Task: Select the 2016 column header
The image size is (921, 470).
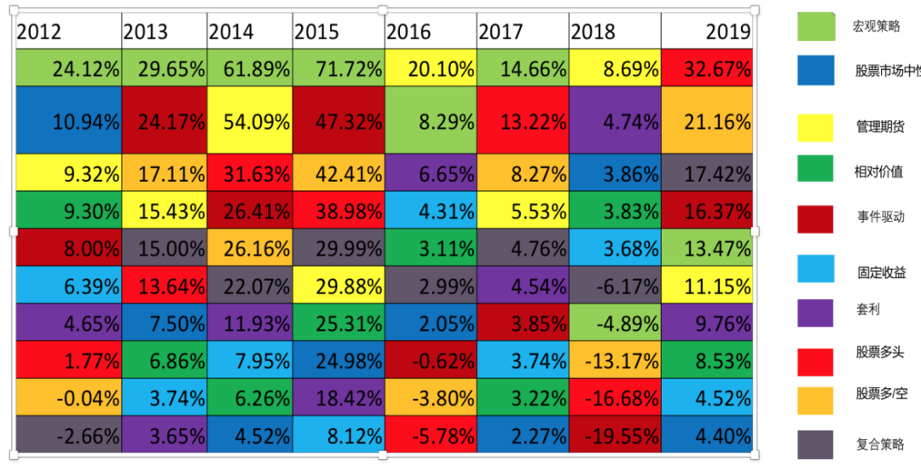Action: click(408, 32)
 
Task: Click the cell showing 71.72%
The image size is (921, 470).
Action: click(338, 69)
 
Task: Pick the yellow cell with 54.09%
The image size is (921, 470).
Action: click(249, 121)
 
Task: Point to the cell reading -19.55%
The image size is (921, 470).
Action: click(614, 436)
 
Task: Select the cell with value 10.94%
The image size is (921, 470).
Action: click(68, 121)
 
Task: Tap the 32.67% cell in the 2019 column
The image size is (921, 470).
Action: click(707, 69)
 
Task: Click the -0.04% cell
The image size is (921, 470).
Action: click(68, 397)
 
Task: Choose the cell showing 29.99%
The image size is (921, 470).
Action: click(338, 248)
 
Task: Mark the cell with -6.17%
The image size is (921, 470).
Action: click(614, 285)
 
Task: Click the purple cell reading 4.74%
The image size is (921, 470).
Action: click(614, 121)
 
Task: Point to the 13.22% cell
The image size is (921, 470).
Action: click(522, 121)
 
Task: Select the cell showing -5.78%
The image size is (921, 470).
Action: click(430, 436)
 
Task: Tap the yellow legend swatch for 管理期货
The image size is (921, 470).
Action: click(815, 128)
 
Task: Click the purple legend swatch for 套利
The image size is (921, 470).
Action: click(815, 313)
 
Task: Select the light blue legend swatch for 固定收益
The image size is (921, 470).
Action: click(815, 268)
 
